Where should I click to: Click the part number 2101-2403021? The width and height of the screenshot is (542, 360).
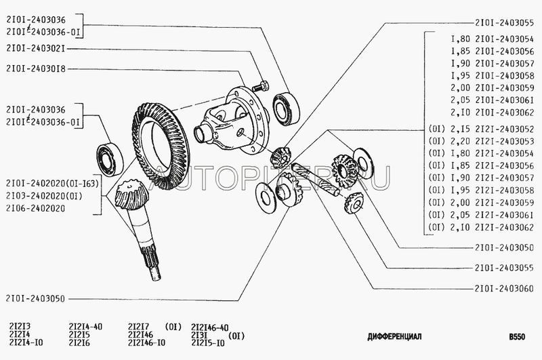[x=36, y=48]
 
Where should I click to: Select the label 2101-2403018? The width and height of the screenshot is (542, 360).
[x=36, y=69]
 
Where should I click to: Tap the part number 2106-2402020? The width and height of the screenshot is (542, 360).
[x=36, y=209]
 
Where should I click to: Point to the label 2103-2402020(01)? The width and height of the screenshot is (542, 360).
[x=44, y=196]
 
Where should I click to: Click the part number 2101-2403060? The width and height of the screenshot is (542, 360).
[x=504, y=288]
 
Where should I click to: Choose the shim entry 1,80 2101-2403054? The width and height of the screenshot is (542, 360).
[x=493, y=39]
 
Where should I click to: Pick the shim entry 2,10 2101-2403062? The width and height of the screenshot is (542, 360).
[x=493, y=113]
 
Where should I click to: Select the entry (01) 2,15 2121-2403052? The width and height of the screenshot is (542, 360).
[x=481, y=129]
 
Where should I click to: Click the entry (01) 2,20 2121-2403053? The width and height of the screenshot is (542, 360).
[x=481, y=141]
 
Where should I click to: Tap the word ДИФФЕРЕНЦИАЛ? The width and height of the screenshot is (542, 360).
[x=394, y=336]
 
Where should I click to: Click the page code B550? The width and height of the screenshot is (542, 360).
[x=517, y=336]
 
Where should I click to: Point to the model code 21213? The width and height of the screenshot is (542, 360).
[x=20, y=327]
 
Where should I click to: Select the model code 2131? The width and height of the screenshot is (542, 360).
[x=199, y=335]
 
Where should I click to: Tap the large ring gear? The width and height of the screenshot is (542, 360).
[x=160, y=146]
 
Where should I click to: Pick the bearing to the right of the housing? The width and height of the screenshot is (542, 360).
[x=286, y=108]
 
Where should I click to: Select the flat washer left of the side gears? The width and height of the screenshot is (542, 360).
[x=266, y=198]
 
